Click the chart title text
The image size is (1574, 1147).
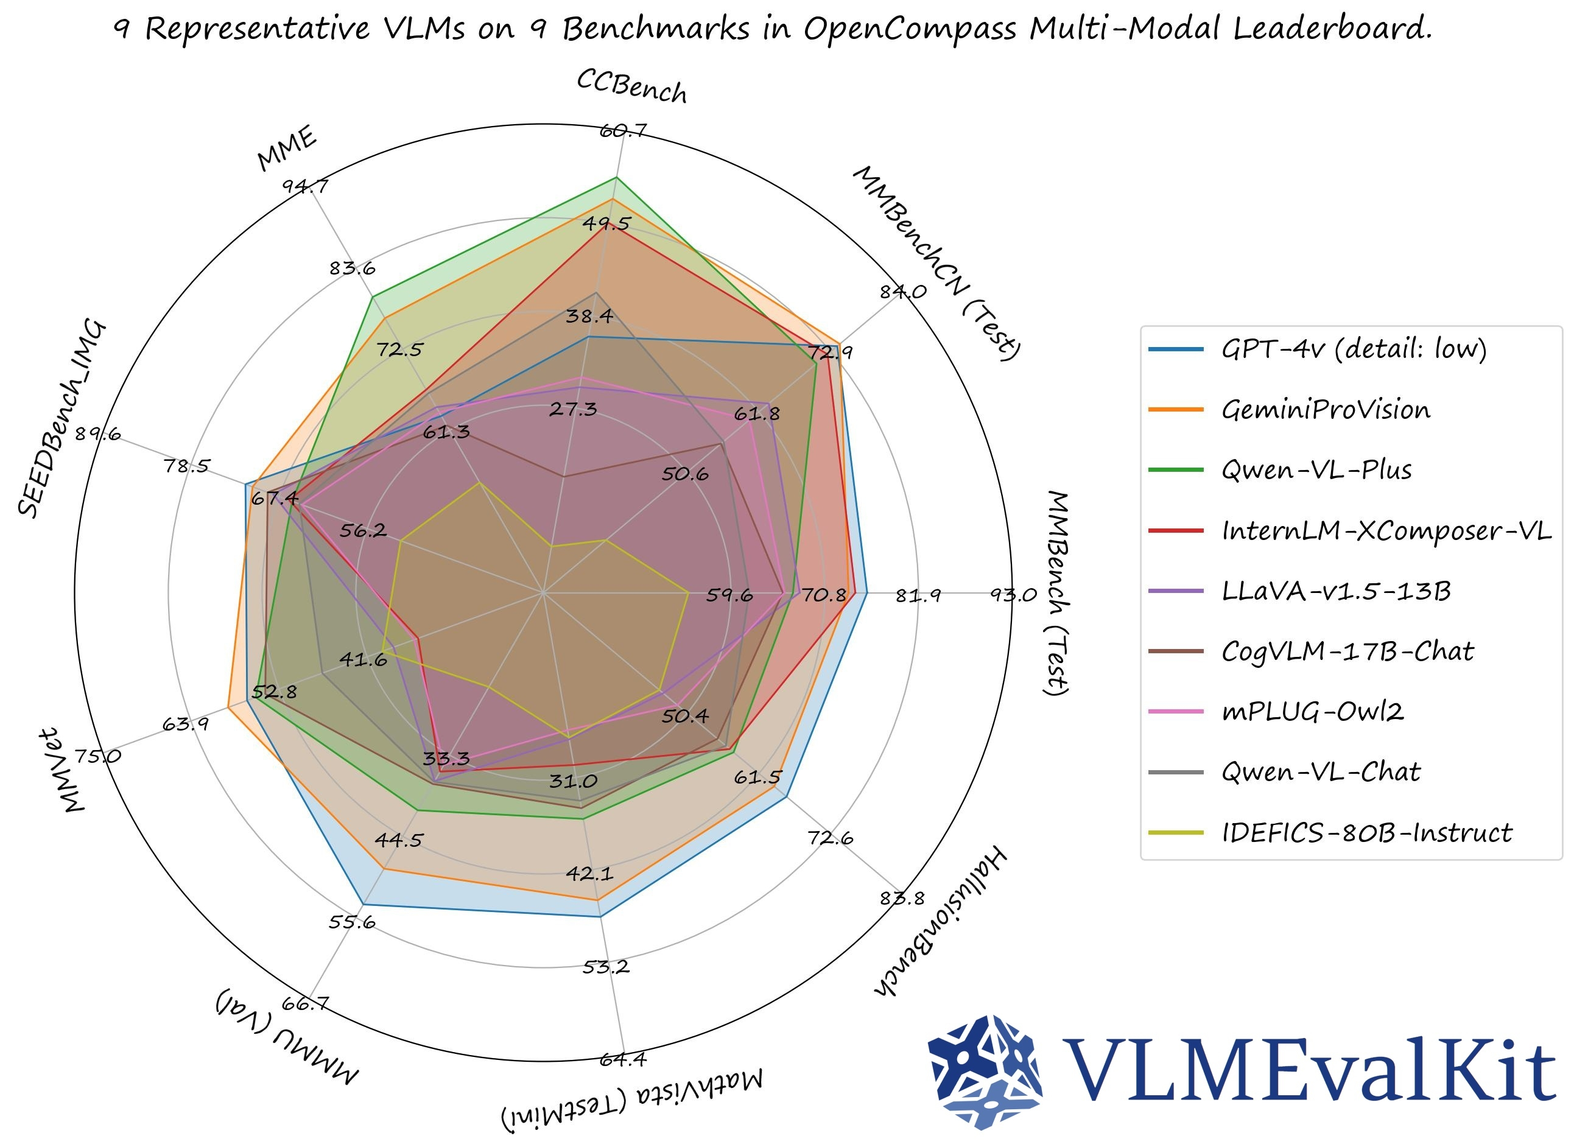(772, 29)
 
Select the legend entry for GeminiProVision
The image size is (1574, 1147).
(1325, 410)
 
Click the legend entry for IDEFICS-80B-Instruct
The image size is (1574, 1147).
(1366, 832)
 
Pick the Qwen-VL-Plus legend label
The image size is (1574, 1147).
(1316, 470)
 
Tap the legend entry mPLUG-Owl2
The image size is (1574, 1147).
(1312, 712)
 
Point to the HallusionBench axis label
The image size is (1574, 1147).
(939, 920)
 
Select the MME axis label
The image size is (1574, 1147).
(287, 148)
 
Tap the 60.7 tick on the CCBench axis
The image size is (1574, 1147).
(623, 130)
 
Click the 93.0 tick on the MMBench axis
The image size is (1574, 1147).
(1013, 594)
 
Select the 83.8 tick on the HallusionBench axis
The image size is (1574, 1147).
(902, 898)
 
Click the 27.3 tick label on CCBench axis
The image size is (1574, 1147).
(573, 409)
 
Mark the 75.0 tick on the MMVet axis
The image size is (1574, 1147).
(98, 756)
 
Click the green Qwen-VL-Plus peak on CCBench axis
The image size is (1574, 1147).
(616, 178)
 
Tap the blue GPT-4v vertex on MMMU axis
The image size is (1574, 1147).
(364, 904)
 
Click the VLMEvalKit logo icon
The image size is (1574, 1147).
(985, 1072)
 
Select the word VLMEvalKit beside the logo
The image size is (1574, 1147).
(1309, 1072)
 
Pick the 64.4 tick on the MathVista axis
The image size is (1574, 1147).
(623, 1059)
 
